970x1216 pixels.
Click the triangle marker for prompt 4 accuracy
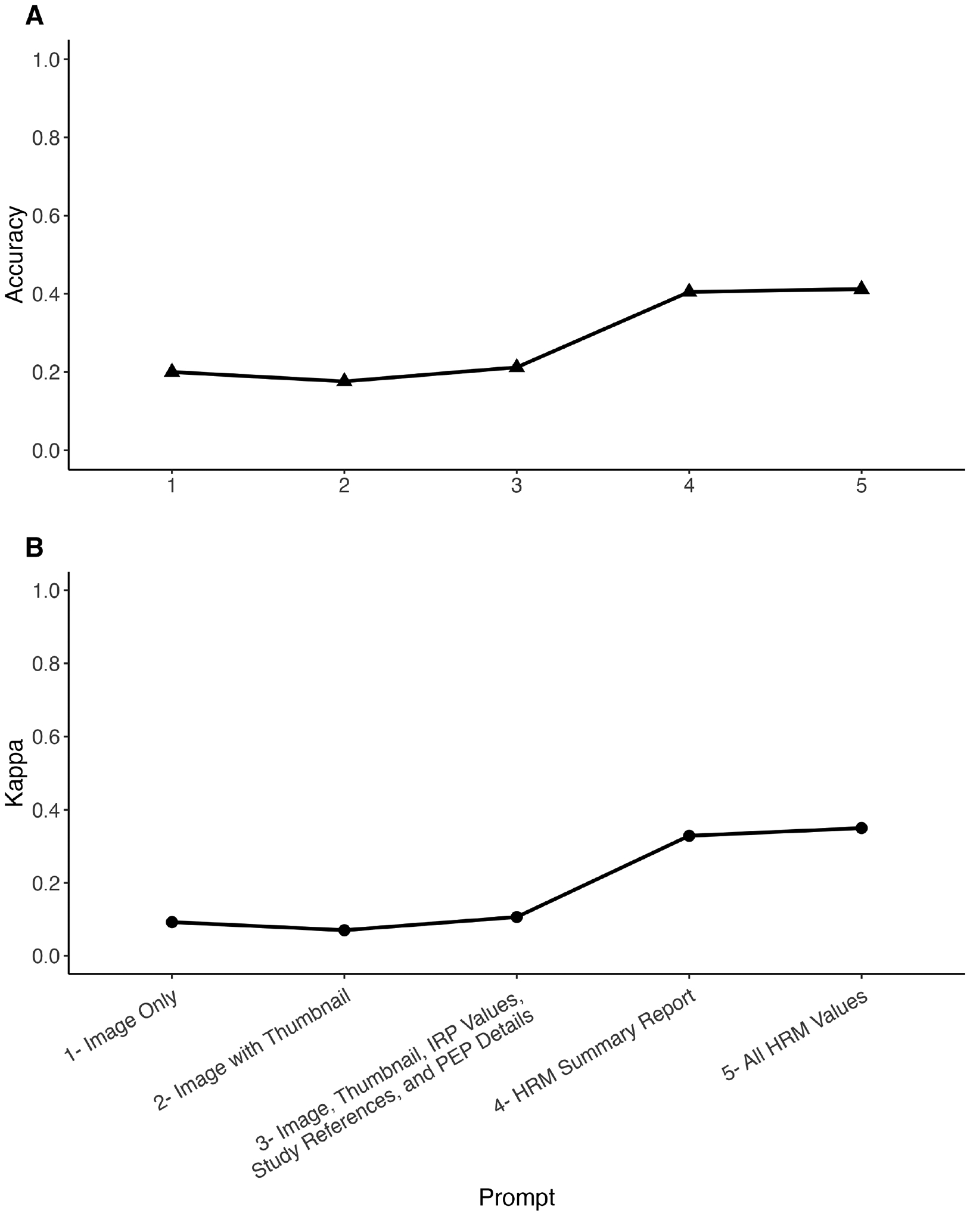point(689,291)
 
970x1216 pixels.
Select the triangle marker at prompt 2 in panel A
point(344,380)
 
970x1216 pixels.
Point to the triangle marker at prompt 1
point(172,371)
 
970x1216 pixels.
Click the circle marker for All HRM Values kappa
point(862,828)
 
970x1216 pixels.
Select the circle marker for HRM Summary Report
point(689,836)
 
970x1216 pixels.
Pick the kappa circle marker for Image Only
point(172,922)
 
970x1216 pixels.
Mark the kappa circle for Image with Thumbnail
point(344,930)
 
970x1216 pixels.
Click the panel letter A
point(35,17)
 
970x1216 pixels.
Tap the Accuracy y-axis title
point(15,255)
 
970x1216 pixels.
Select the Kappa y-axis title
point(15,773)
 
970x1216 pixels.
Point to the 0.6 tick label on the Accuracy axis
point(46,216)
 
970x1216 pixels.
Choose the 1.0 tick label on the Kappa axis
point(46,591)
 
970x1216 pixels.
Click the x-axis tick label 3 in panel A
point(517,486)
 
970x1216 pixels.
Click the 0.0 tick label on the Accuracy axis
point(46,451)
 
